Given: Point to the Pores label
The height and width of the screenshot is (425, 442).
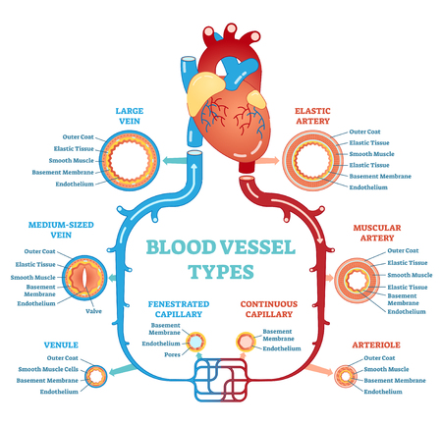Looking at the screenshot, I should tap(174, 356).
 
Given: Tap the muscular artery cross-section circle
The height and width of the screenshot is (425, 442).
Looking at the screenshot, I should tap(355, 277).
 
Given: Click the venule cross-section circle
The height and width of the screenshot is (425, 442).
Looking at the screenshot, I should tap(98, 375).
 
